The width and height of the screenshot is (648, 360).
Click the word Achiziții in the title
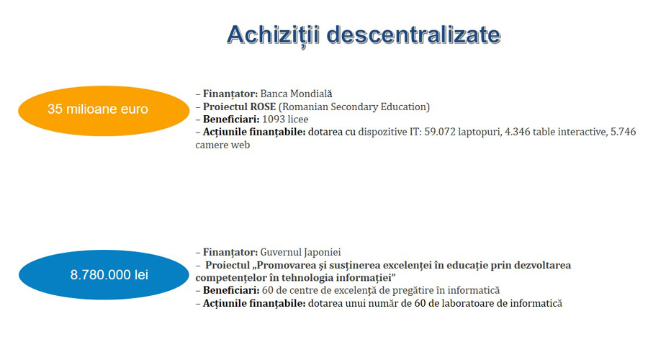(273, 35)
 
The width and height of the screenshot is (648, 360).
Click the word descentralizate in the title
(414, 35)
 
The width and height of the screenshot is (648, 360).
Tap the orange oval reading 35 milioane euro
(104, 111)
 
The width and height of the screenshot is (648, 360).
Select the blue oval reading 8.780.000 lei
(104, 274)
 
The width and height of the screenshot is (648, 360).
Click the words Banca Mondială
(296, 94)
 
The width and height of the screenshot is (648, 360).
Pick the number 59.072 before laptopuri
(440, 132)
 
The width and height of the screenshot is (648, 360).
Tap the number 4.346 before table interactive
(518, 132)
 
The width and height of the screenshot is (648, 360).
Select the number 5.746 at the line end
(624, 132)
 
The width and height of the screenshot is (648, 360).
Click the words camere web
(222, 145)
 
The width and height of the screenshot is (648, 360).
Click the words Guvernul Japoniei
(300, 252)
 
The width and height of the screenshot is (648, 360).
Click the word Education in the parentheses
(405, 107)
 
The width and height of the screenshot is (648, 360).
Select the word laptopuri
(479, 132)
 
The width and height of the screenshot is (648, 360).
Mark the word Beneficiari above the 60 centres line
(231, 291)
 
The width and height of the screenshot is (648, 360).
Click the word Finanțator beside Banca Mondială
(230, 94)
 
